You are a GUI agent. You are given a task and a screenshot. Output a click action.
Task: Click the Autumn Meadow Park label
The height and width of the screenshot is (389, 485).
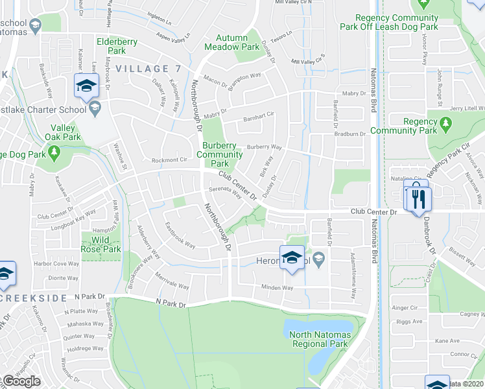click(232, 43)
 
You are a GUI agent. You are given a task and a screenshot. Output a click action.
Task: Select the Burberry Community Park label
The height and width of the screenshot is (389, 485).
click(219, 154)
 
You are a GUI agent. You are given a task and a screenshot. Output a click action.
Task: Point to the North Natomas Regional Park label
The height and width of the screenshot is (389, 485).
click(320, 339)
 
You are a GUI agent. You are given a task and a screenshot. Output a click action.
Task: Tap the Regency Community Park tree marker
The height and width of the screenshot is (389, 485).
click(445, 123)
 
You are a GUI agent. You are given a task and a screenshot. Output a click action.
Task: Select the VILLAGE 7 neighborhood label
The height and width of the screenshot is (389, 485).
click(148, 68)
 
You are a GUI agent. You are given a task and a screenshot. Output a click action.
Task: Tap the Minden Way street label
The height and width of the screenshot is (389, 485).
click(277, 287)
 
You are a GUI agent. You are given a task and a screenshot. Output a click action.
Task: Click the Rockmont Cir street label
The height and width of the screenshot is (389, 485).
click(169, 159)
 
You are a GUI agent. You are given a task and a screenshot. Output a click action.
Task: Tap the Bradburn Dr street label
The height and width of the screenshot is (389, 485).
click(351, 134)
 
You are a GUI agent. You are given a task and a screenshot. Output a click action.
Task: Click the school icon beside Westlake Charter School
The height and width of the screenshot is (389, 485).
click(95, 108)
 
